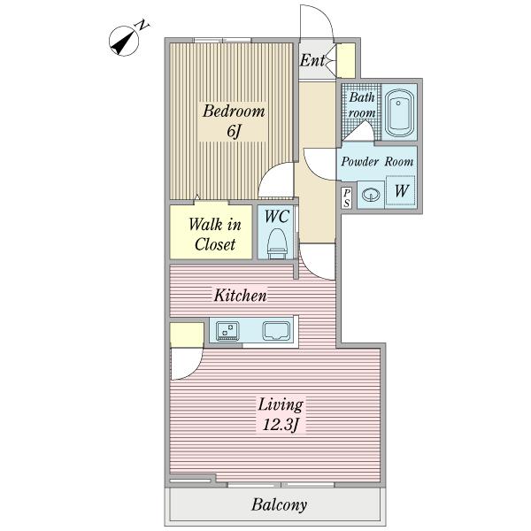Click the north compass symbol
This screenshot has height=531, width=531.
[124, 42]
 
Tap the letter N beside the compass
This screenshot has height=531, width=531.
[142, 26]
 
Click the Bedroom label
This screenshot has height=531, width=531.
[234, 112]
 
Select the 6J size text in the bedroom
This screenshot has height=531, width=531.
[234, 131]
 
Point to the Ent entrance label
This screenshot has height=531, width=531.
[312, 60]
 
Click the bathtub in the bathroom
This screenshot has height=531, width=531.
[399, 112]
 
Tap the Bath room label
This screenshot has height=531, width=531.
[362, 104]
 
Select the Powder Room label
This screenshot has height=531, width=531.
[377, 162]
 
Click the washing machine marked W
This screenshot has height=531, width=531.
[401, 190]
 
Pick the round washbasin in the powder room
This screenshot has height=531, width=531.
[371, 195]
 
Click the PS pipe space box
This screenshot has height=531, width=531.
[346, 197]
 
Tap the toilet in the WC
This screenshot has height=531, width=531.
[277, 243]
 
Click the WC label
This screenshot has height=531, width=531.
[277, 217]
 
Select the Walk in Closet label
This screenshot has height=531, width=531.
[215, 235]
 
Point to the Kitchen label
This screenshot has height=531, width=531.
[241, 296]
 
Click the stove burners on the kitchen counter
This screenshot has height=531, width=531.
[227, 330]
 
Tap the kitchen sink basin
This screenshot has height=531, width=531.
[276, 331]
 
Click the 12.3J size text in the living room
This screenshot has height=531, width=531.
[280, 424]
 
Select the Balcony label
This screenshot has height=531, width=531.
[279, 505]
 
